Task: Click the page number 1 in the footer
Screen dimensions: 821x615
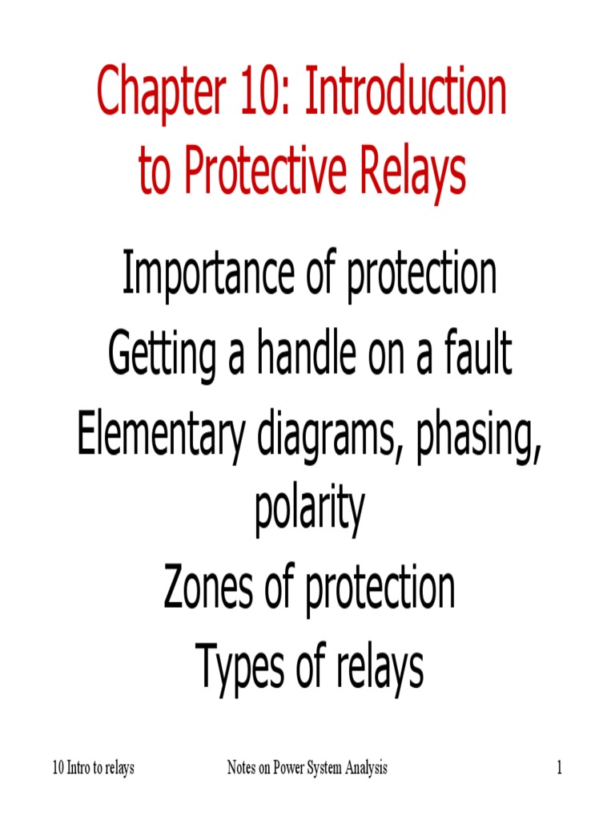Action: coord(561,769)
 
